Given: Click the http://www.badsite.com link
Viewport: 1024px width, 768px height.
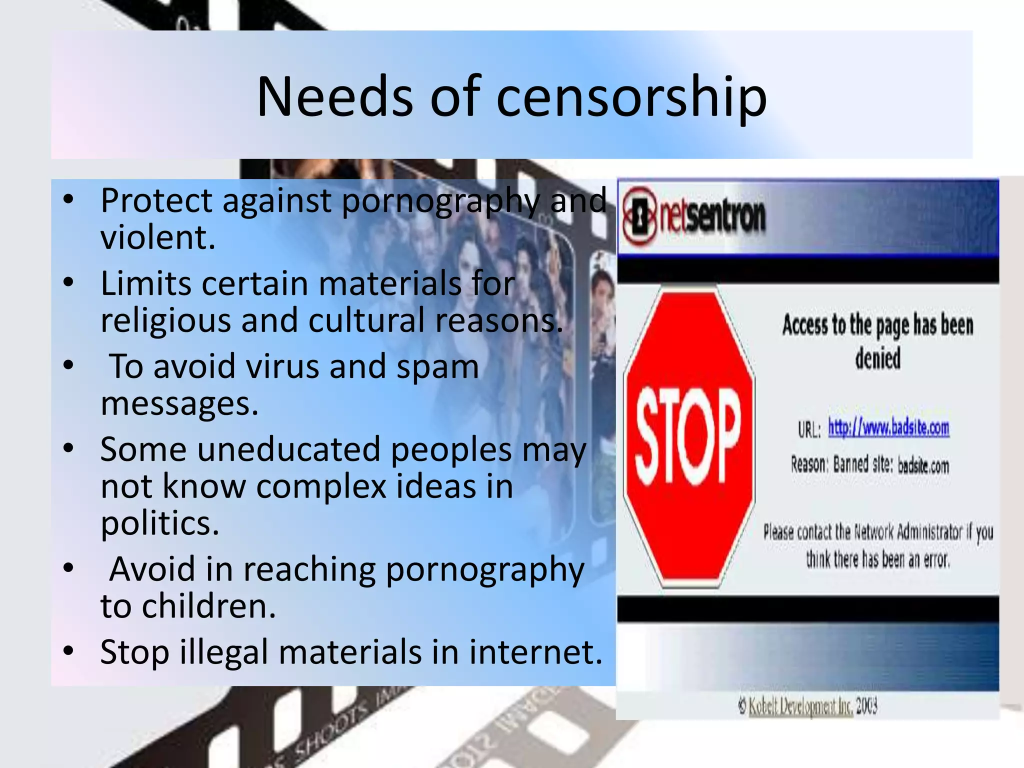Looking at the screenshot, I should pyautogui.click(x=888, y=428).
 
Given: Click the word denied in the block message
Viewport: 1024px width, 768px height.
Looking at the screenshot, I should pyautogui.click(x=877, y=358).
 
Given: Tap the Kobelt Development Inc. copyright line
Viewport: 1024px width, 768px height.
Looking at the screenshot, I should pyautogui.click(x=807, y=706).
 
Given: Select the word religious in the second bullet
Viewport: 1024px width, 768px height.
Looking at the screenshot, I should pyautogui.click(x=165, y=320).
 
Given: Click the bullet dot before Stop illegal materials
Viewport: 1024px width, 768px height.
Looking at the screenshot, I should pyautogui.click(x=68, y=651).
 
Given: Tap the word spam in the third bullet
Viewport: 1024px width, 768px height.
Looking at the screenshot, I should pyautogui.click(x=437, y=366).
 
